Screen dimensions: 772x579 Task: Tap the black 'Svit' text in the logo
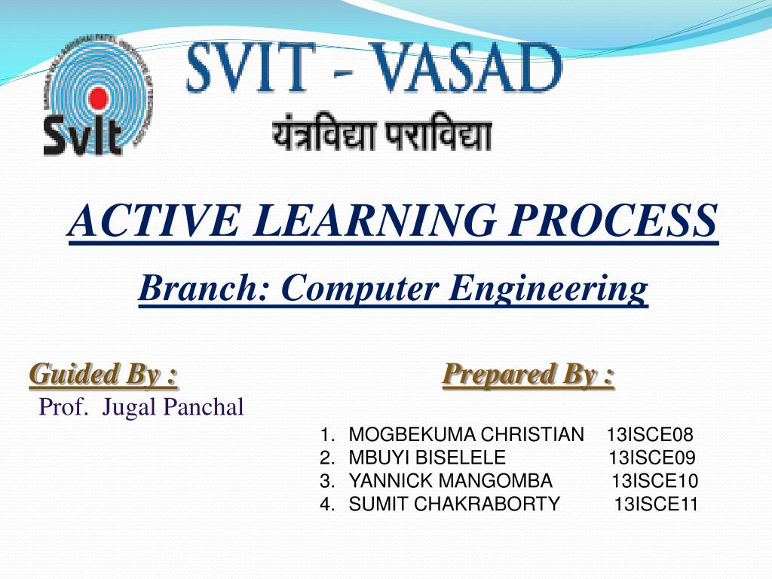click(83, 135)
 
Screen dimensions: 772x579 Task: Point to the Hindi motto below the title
click(382, 131)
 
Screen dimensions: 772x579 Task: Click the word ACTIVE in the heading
click(154, 220)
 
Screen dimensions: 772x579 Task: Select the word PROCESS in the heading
click(614, 220)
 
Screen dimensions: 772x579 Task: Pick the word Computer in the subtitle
click(360, 289)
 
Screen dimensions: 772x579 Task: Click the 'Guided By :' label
click(104, 375)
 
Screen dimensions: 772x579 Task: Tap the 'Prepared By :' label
click(528, 375)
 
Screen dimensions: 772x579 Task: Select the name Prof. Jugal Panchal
click(141, 407)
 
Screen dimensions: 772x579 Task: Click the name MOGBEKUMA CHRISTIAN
click(466, 435)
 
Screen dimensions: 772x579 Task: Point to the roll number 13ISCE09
click(652, 458)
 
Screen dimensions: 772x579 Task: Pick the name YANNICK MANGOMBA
click(451, 480)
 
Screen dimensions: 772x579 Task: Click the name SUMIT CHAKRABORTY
click(455, 504)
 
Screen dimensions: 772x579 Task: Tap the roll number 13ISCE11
click(656, 504)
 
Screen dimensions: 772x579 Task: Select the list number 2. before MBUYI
click(327, 458)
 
